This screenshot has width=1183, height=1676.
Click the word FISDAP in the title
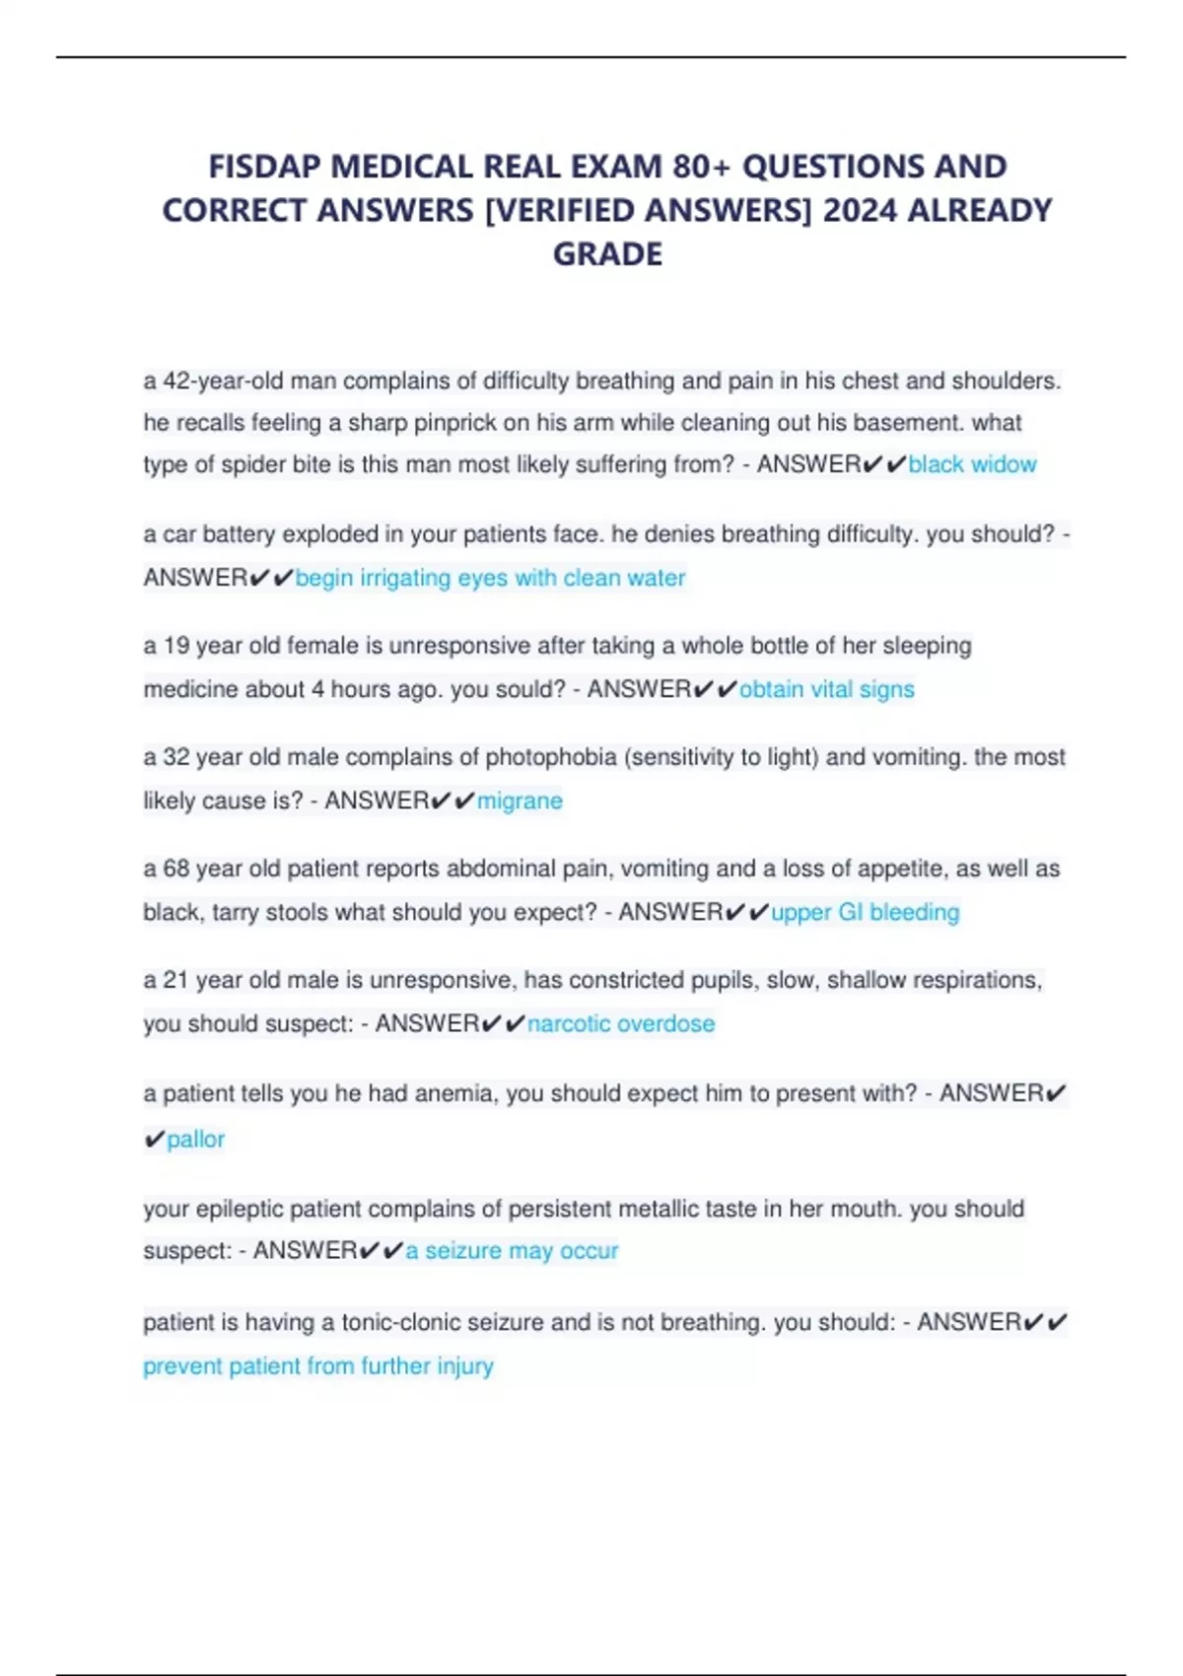(263, 167)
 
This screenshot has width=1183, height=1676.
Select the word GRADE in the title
(607, 254)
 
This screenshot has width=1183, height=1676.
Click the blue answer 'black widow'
(972, 464)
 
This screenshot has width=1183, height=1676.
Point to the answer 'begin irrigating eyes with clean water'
(490, 578)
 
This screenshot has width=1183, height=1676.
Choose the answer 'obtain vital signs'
(826, 689)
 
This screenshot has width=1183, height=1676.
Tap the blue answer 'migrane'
(520, 801)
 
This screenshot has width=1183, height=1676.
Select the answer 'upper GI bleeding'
(865, 912)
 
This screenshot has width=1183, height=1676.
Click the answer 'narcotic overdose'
(621, 1023)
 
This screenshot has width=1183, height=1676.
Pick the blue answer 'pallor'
(195, 1140)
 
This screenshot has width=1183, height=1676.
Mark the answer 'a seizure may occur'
(512, 1251)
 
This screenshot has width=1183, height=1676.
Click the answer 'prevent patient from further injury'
(318, 1366)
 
